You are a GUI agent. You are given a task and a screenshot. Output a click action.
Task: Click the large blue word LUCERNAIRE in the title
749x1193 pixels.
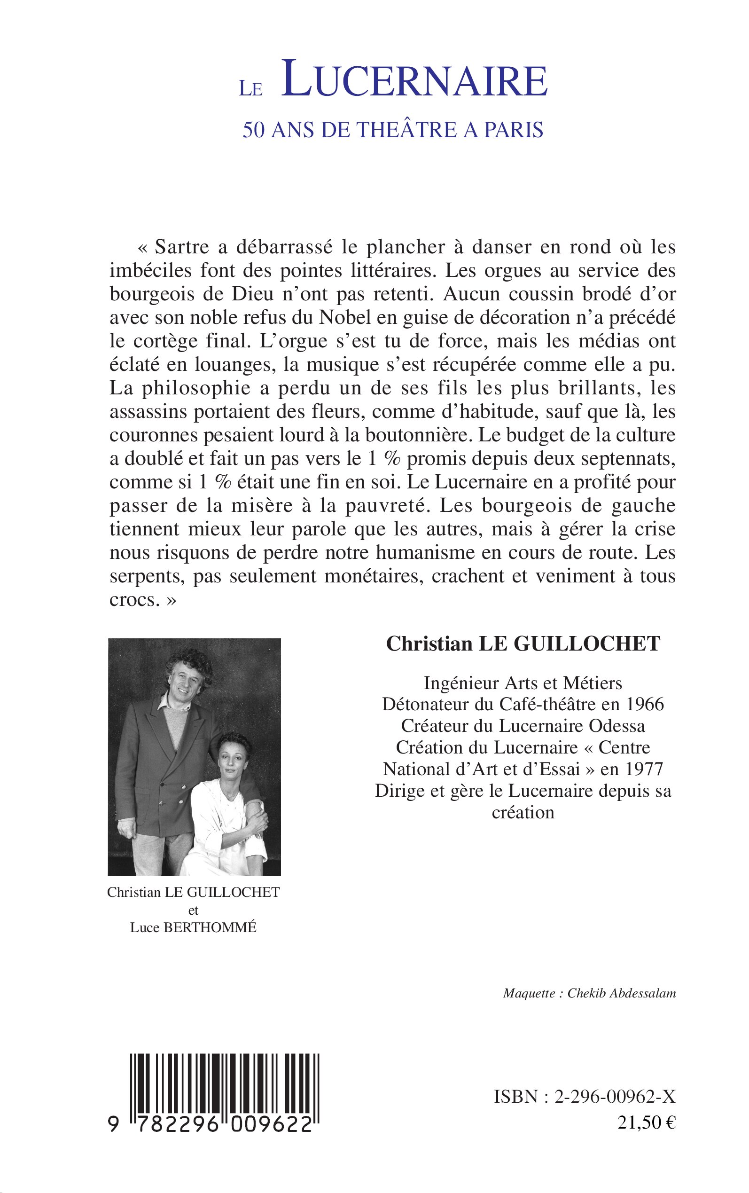414,80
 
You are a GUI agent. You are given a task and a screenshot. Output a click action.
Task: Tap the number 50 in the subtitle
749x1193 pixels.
254,130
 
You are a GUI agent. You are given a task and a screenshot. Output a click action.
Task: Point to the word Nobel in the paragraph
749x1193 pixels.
345,318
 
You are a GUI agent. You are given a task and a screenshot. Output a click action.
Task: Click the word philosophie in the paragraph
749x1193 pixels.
196,388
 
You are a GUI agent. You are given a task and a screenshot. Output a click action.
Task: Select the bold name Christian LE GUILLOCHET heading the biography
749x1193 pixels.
523,644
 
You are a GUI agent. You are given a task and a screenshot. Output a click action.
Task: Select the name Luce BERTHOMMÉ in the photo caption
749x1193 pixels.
193,928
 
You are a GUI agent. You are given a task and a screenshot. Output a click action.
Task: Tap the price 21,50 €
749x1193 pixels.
647,1122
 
